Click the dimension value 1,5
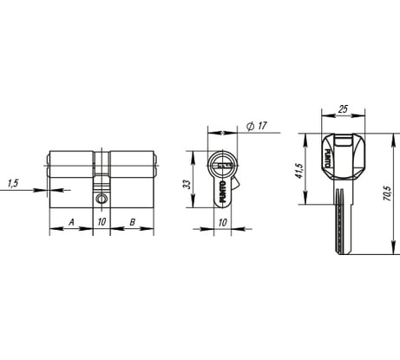(13, 183)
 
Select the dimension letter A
(70, 222)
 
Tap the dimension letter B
(130, 222)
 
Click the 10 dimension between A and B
(102, 222)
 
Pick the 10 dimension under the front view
(223, 222)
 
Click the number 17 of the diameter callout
(261, 127)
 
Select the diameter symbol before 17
(249, 127)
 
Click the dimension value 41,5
(300, 168)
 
